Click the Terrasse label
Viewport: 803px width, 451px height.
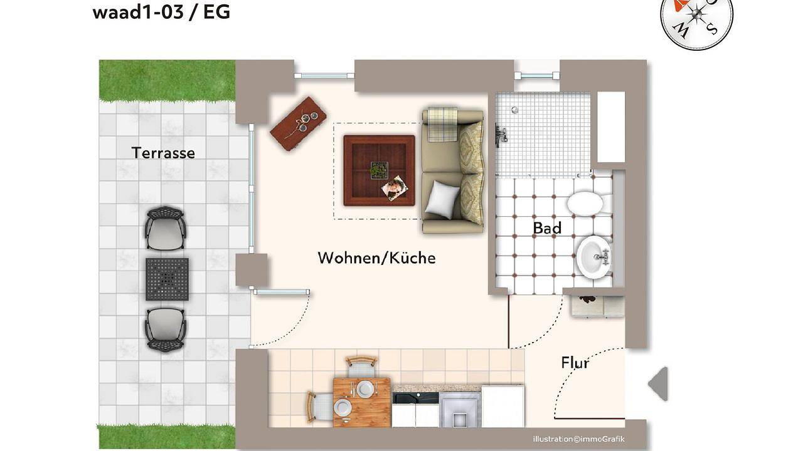click(163, 153)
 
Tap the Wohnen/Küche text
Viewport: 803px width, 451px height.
click(377, 257)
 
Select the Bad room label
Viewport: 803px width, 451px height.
click(547, 228)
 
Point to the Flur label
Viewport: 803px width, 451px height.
click(575, 363)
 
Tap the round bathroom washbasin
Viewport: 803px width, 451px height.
click(594, 257)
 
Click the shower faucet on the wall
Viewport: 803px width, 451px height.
click(501, 135)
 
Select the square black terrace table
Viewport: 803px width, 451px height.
click(167, 279)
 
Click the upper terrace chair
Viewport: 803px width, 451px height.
click(165, 228)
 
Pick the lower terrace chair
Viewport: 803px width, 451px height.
click(165, 329)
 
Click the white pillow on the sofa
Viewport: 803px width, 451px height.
click(442, 199)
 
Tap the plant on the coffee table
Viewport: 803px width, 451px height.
click(380, 170)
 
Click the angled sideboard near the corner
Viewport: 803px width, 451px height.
click(298, 123)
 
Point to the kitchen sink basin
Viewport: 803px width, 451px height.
click(460, 410)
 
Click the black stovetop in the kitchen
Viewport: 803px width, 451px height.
click(415, 398)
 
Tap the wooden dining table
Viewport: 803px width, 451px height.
click(362, 402)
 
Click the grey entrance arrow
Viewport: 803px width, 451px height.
click(658, 384)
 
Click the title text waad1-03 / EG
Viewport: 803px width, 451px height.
click(161, 13)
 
